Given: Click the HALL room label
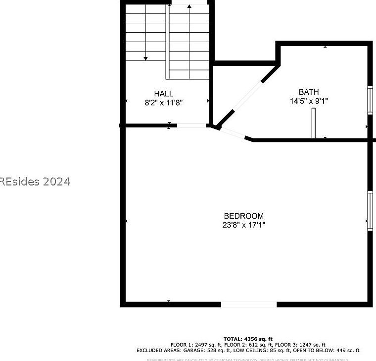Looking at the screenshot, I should click(x=163, y=93).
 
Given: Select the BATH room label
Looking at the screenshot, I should click(x=308, y=92).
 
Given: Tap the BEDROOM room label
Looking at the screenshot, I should click(x=243, y=216).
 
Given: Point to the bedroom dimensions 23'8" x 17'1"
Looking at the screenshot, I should click(x=243, y=225).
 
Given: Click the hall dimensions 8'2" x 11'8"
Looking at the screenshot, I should click(x=163, y=102).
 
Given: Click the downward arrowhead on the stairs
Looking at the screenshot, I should click(x=145, y=58).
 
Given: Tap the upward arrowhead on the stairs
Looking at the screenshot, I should click(x=190, y=7).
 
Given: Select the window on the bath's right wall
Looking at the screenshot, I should click(x=369, y=100).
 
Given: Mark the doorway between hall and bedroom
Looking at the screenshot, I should click(x=192, y=125).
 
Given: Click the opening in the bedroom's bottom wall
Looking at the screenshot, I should click(x=248, y=303).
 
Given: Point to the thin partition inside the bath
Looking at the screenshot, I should click(x=313, y=123).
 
